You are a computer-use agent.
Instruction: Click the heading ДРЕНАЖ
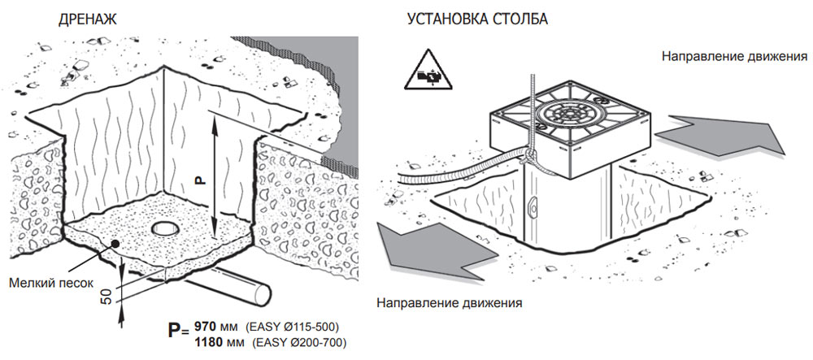pos(88,20)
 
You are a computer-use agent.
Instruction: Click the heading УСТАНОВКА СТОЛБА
pos(477,20)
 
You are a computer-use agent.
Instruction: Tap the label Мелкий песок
pos(51,283)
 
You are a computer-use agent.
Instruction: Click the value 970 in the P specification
pos(204,327)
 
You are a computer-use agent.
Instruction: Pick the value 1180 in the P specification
pos(208,342)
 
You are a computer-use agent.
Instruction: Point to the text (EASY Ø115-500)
pos(293,327)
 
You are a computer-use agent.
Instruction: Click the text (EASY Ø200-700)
pos(299,342)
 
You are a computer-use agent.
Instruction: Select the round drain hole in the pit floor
pos(163,228)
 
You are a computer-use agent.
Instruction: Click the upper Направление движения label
pos(733,56)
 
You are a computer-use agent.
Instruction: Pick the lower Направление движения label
pos(449,302)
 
